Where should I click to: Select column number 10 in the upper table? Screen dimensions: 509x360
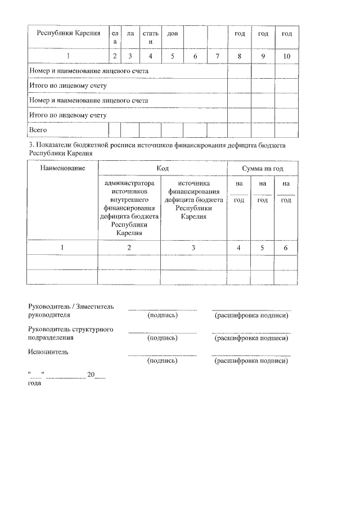(286, 56)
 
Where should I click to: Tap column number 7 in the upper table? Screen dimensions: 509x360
(216, 56)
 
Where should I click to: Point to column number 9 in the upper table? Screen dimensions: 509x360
(263, 56)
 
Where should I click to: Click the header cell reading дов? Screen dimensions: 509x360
(172, 34)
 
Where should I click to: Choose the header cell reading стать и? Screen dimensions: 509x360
(150, 38)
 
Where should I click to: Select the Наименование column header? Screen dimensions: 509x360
(62, 168)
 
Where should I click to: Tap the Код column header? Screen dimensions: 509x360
(163, 168)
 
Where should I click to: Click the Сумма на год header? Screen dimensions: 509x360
(262, 168)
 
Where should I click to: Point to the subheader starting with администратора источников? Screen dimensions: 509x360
(129, 208)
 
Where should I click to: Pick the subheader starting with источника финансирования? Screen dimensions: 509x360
(193, 200)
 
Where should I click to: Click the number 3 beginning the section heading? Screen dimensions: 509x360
(30, 145)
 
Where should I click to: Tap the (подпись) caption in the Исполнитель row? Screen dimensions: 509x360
(162, 361)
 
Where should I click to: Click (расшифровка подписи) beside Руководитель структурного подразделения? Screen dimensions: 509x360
(251, 338)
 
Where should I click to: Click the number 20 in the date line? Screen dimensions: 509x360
(91, 375)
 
